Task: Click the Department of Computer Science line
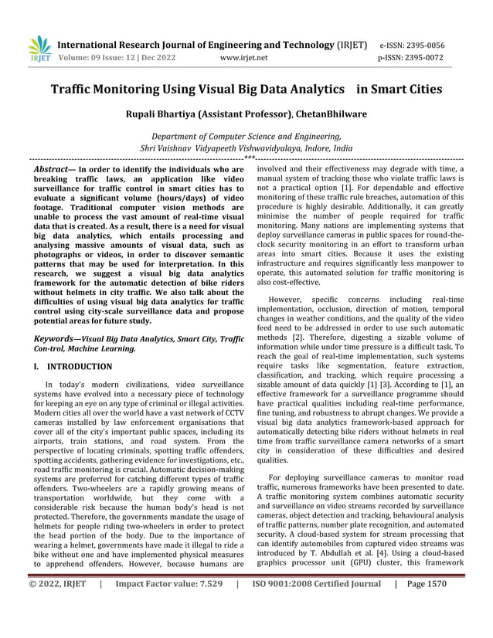click(246, 134)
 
